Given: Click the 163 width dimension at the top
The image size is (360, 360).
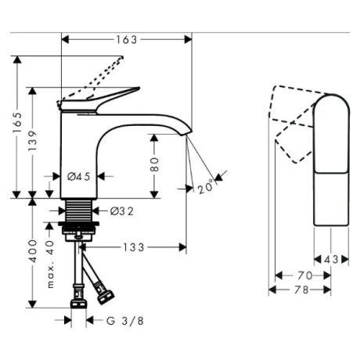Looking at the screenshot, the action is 127,40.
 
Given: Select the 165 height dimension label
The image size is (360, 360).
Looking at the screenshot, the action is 17,123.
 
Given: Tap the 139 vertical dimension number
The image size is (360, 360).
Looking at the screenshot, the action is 33,141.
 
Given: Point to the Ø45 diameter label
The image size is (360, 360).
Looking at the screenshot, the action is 79,177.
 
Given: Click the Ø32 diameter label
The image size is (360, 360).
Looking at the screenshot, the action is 122,211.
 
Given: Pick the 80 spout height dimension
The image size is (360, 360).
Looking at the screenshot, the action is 154,164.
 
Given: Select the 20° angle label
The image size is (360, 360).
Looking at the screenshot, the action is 207,187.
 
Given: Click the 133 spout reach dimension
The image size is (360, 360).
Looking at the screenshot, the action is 134,247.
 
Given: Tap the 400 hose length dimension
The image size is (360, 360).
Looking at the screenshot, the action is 33,251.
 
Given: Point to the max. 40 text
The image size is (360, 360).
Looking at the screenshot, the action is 50,264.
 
